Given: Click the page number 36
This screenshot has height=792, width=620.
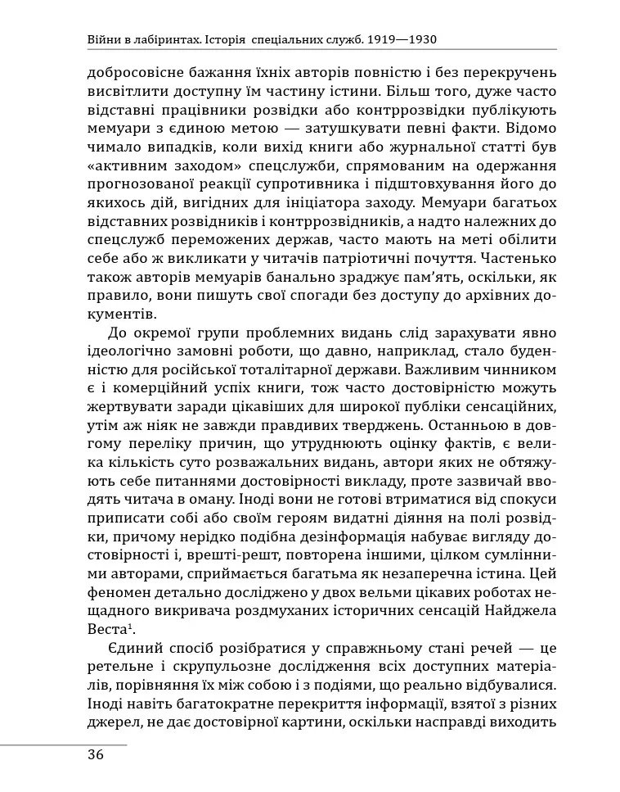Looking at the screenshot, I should click(96, 755).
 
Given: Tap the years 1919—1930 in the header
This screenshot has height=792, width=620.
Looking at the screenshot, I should click(406, 38).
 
